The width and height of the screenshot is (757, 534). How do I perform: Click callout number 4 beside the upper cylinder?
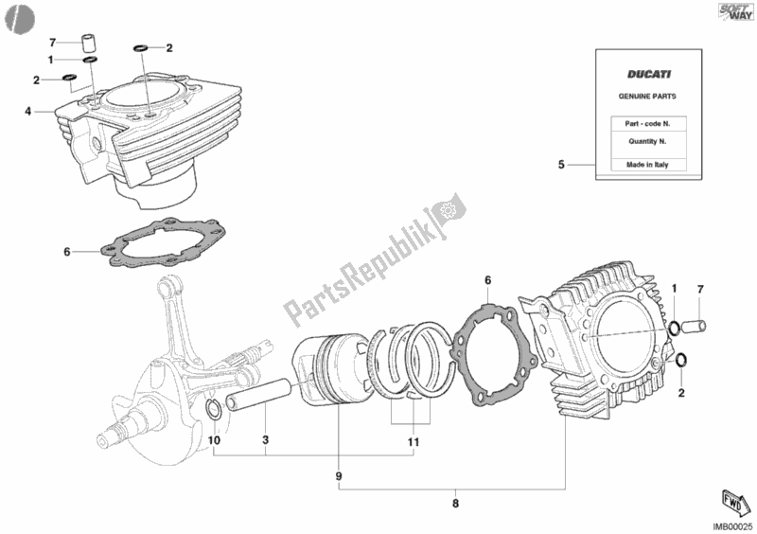pos(28,112)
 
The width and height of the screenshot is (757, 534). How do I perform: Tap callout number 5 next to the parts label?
pos(561,165)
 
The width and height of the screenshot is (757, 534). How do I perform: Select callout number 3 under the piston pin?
pos(266,440)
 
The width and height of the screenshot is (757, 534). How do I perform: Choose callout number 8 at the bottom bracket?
pos(455,504)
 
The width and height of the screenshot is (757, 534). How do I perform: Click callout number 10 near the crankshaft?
pos(214,440)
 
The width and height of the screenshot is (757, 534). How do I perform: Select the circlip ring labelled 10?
pos(215,409)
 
